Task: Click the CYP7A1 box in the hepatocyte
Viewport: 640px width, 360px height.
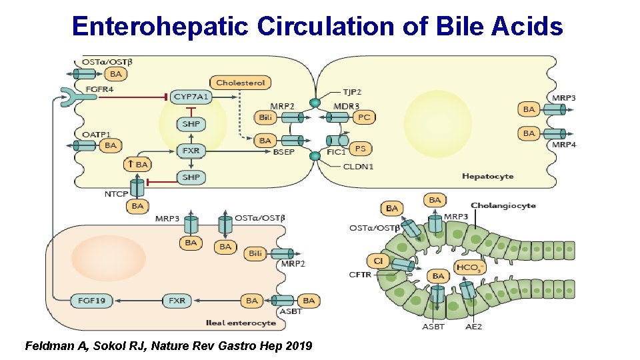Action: point(191,97)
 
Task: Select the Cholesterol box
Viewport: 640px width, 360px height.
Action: point(241,83)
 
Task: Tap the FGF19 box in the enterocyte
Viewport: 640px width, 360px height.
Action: point(91,301)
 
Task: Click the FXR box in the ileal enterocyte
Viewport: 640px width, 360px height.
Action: point(177,301)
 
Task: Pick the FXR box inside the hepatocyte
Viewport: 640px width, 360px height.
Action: point(191,151)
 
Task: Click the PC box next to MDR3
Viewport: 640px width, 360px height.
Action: point(363,117)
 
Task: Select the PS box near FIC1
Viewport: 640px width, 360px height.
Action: point(360,149)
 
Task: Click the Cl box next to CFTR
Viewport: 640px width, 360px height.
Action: point(377,261)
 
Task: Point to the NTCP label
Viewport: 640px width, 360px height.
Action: point(116,194)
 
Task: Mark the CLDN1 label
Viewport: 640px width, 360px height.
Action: point(358,167)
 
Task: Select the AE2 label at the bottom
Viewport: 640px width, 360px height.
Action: point(475,327)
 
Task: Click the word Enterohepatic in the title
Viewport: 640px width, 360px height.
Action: point(159,26)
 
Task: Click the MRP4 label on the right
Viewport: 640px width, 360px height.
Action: point(564,145)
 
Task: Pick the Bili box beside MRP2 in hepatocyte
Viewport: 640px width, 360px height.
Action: point(264,117)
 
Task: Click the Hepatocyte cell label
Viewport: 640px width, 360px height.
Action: point(487,176)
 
